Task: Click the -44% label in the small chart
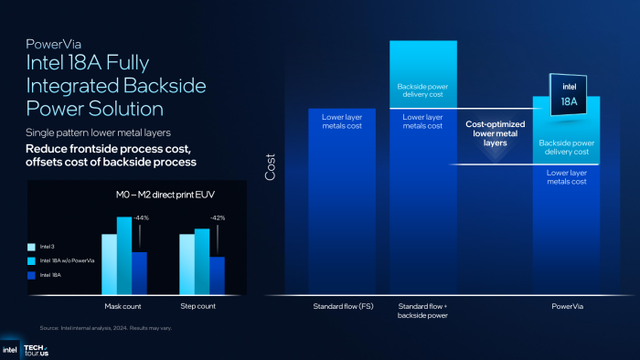[x=140, y=218]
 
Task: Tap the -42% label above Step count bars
[x=219, y=218]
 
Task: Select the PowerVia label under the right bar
[x=566, y=306]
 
